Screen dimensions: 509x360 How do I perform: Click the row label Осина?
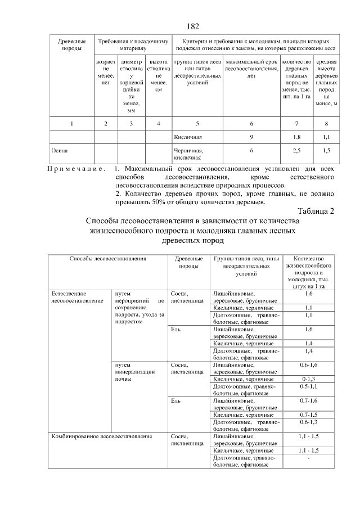59,151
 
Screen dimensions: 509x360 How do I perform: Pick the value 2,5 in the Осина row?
296,151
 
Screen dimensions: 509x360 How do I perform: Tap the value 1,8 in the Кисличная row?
296,137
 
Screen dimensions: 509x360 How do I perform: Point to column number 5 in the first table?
197,123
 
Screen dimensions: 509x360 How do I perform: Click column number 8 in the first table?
326,123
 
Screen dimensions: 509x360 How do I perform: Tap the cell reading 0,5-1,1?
308,388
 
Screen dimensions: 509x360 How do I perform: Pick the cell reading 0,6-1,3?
308,422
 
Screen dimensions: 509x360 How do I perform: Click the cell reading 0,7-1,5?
308,415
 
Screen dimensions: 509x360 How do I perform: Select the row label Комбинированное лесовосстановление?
102,436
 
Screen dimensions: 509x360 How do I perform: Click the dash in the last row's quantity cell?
309,459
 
